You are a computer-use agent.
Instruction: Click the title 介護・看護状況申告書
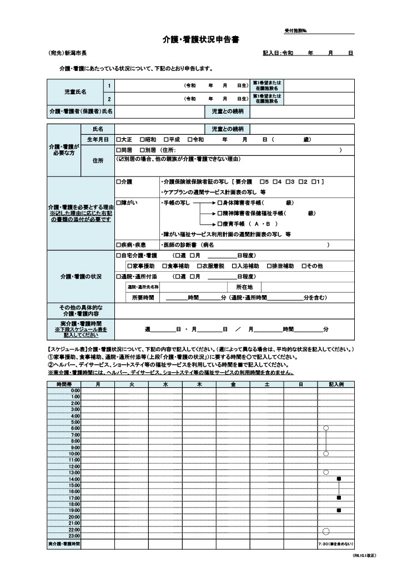[200, 40]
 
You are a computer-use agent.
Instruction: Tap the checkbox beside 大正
[118, 139]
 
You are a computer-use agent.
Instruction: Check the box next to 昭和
[142, 139]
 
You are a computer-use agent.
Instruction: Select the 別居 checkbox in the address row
[142, 150]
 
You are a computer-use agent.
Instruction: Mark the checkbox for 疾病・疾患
[118, 245]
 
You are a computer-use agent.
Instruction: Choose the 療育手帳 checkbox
[220, 223]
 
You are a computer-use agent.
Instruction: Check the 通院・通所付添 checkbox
[118, 276]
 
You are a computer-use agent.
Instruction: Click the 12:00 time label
[74, 466]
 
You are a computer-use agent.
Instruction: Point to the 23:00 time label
[74, 536]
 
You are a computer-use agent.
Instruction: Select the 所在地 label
[244, 287]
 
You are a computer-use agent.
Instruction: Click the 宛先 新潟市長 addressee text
[68, 53]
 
